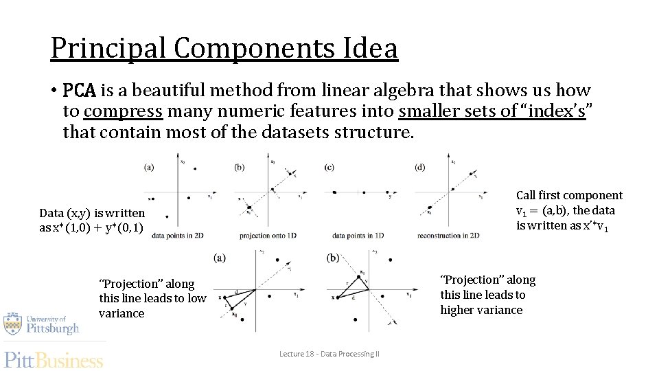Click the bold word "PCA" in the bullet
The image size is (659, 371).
click(80, 91)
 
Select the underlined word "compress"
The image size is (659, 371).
click(123, 111)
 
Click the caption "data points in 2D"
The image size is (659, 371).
click(177, 235)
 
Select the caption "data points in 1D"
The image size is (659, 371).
click(358, 235)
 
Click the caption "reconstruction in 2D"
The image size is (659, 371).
click(448, 235)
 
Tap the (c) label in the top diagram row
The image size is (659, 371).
click(329, 167)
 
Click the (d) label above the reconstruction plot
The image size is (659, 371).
click(419, 167)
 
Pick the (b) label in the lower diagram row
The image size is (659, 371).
click(334, 258)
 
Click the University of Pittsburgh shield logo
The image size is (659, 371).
click(12, 324)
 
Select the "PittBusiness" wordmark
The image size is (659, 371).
click(54, 359)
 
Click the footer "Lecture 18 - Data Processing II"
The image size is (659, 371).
click(329, 354)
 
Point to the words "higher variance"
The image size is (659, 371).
click(481, 310)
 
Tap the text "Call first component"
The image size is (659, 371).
click(569, 196)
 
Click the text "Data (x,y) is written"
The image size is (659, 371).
click(92, 213)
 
